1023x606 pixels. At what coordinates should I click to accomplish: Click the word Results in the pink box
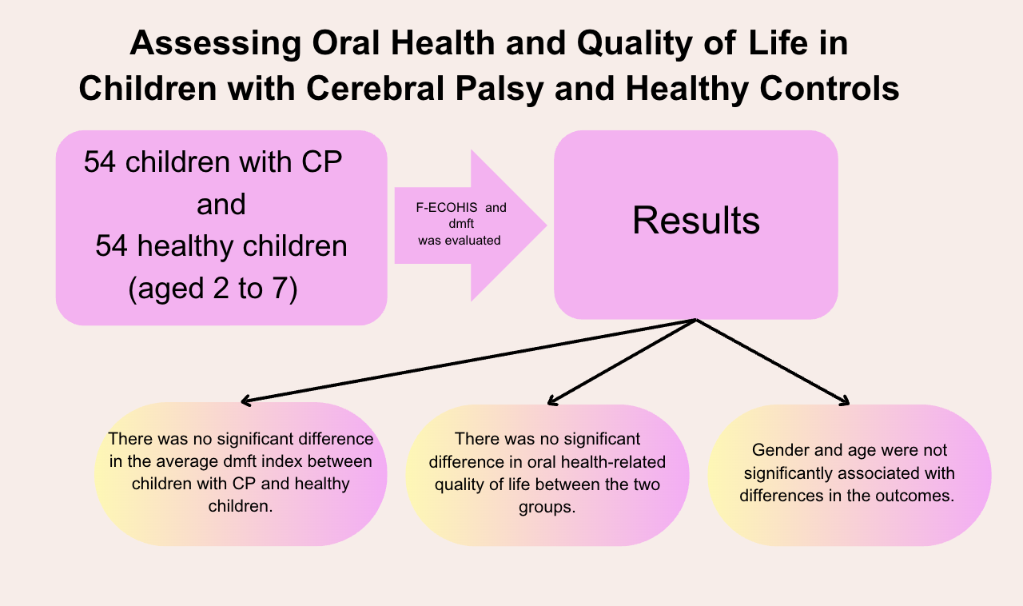tap(696, 221)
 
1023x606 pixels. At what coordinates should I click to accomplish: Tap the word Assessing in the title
tap(216, 44)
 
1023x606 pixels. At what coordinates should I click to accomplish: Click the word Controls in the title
tap(830, 89)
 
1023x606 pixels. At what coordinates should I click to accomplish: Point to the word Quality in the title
tap(635, 44)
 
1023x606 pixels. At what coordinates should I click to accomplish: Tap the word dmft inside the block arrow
tap(461, 224)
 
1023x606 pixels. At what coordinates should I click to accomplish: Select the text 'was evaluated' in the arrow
tap(460, 241)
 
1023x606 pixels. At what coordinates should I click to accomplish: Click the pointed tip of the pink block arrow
tap(546, 225)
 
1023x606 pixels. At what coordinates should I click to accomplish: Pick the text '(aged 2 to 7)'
tap(213, 289)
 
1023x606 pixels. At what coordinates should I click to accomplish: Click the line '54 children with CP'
tap(213, 161)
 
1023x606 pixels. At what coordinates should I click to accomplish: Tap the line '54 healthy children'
tap(221, 246)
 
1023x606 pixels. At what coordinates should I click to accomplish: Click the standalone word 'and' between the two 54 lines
tap(221, 205)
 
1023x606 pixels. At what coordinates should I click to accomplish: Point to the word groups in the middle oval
tap(547, 508)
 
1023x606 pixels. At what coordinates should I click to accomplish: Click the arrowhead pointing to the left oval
tap(245, 401)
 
